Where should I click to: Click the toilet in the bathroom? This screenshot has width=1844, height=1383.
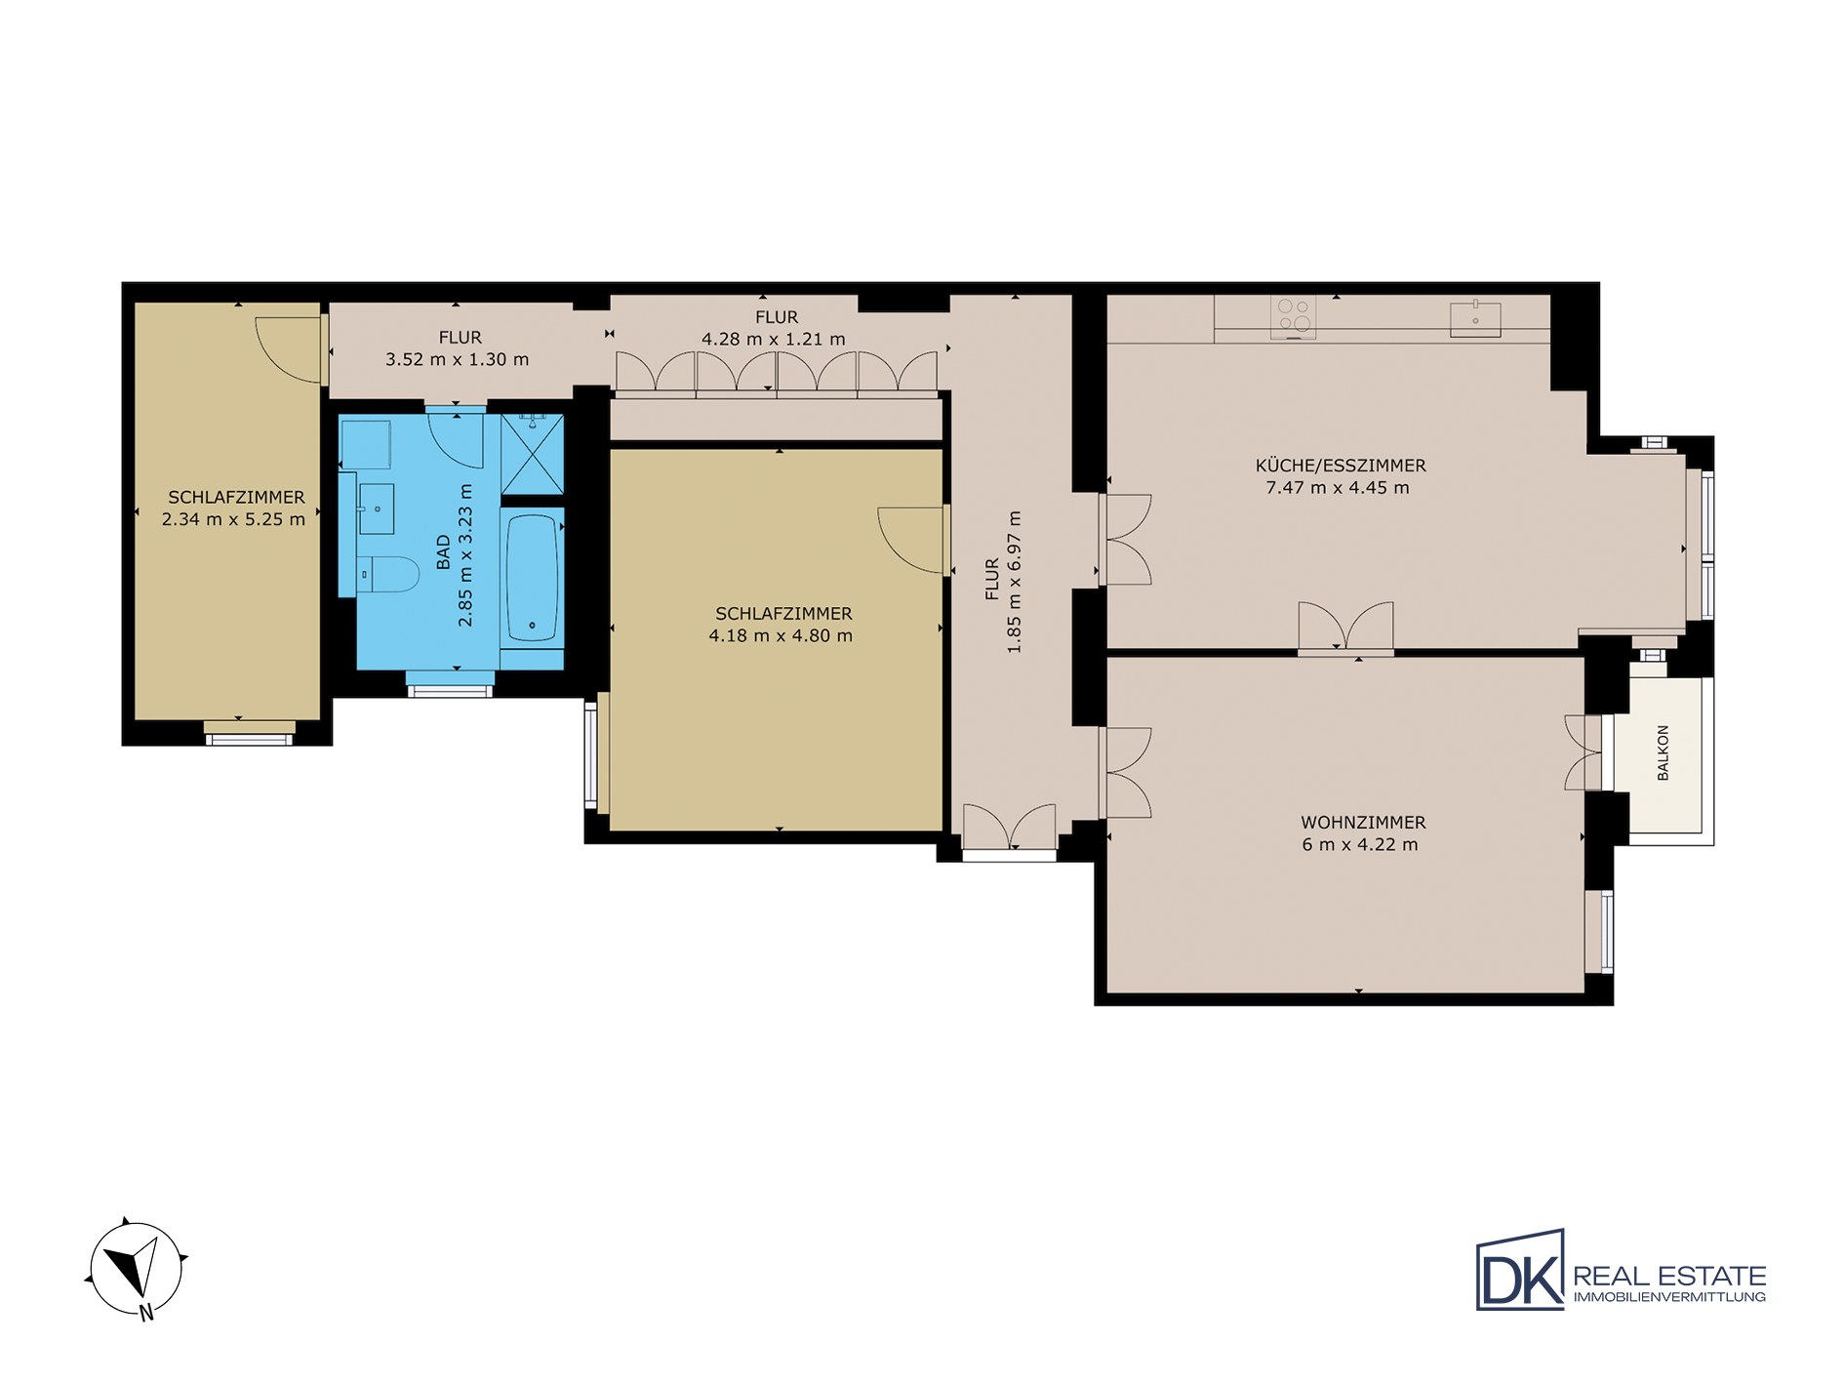387,575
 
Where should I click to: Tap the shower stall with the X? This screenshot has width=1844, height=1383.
532,454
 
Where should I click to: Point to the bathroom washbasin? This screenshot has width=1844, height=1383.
377,508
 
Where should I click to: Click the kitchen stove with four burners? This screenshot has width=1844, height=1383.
1293,317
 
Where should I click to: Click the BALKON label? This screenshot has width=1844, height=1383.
1664,753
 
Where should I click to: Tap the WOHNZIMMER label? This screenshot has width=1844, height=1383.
1363,823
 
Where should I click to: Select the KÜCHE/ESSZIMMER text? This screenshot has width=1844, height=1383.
1341,466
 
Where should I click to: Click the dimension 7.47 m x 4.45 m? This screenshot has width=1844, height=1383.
1338,488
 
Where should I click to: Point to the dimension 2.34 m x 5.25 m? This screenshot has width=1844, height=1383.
233,519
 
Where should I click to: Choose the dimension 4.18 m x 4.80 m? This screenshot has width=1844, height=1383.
781,635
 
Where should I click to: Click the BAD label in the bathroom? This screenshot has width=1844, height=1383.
444,551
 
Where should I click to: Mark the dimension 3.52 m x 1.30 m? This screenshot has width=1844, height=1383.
457,359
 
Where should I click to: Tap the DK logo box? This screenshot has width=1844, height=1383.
1520,1269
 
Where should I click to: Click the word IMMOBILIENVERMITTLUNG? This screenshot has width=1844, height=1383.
1669,1297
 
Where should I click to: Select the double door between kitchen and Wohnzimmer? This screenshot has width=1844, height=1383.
1345,627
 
